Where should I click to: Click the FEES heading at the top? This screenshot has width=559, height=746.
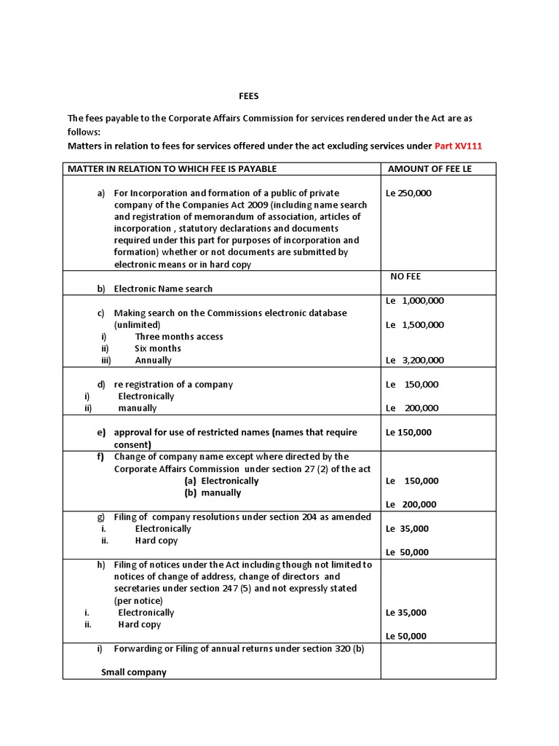coord(249,95)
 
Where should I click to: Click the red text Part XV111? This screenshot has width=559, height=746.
coord(458,146)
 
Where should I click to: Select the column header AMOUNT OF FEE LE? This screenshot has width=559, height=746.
coord(430,169)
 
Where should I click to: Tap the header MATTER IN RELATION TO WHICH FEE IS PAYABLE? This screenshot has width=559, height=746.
coord(172,169)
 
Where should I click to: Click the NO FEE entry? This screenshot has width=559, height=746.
coord(406,277)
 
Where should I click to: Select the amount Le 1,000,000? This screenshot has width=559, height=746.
coord(414,300)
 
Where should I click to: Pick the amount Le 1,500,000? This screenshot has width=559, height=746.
coord(414,325)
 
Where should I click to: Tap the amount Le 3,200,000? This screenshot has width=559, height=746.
coord(414,360)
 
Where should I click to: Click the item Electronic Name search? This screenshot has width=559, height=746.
coord(163,288)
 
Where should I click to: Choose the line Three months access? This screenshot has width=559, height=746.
coord(179,337)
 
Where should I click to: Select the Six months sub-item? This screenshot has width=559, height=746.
coord(158,348)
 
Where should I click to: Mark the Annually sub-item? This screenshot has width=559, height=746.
coord(153,360)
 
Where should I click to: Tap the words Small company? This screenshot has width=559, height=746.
coord(133,672)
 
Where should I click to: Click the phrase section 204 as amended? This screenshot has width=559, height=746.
coord(321,517)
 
